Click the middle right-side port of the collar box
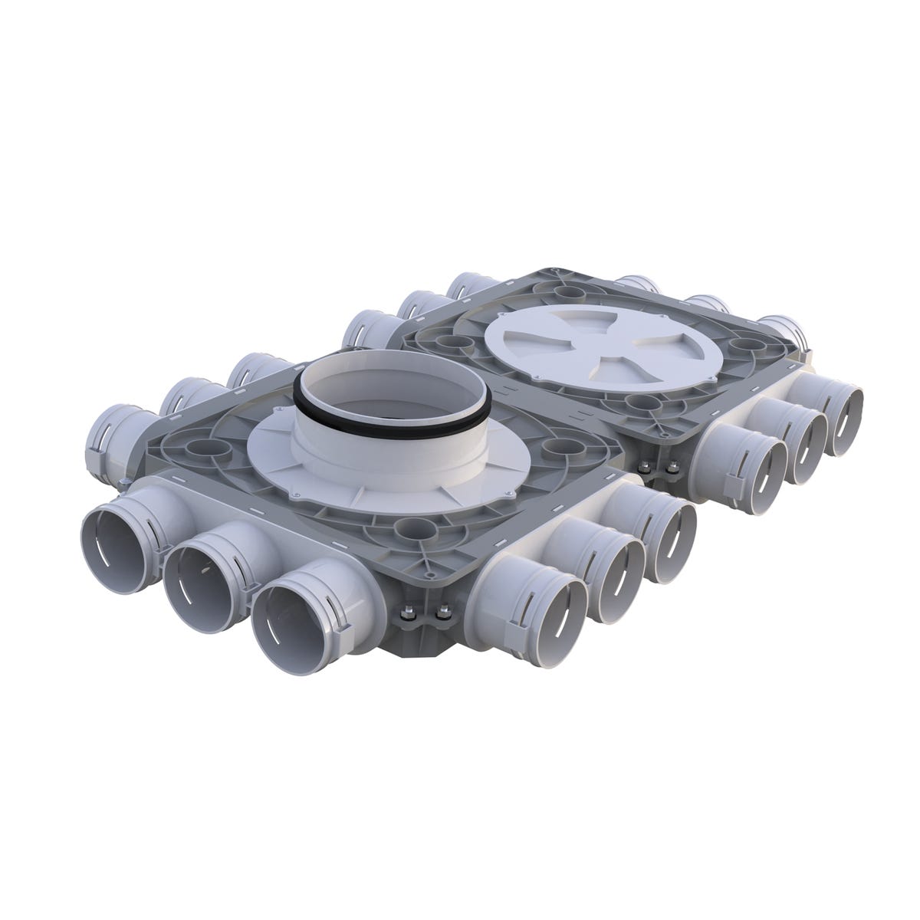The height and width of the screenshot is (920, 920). click(618, 569)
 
